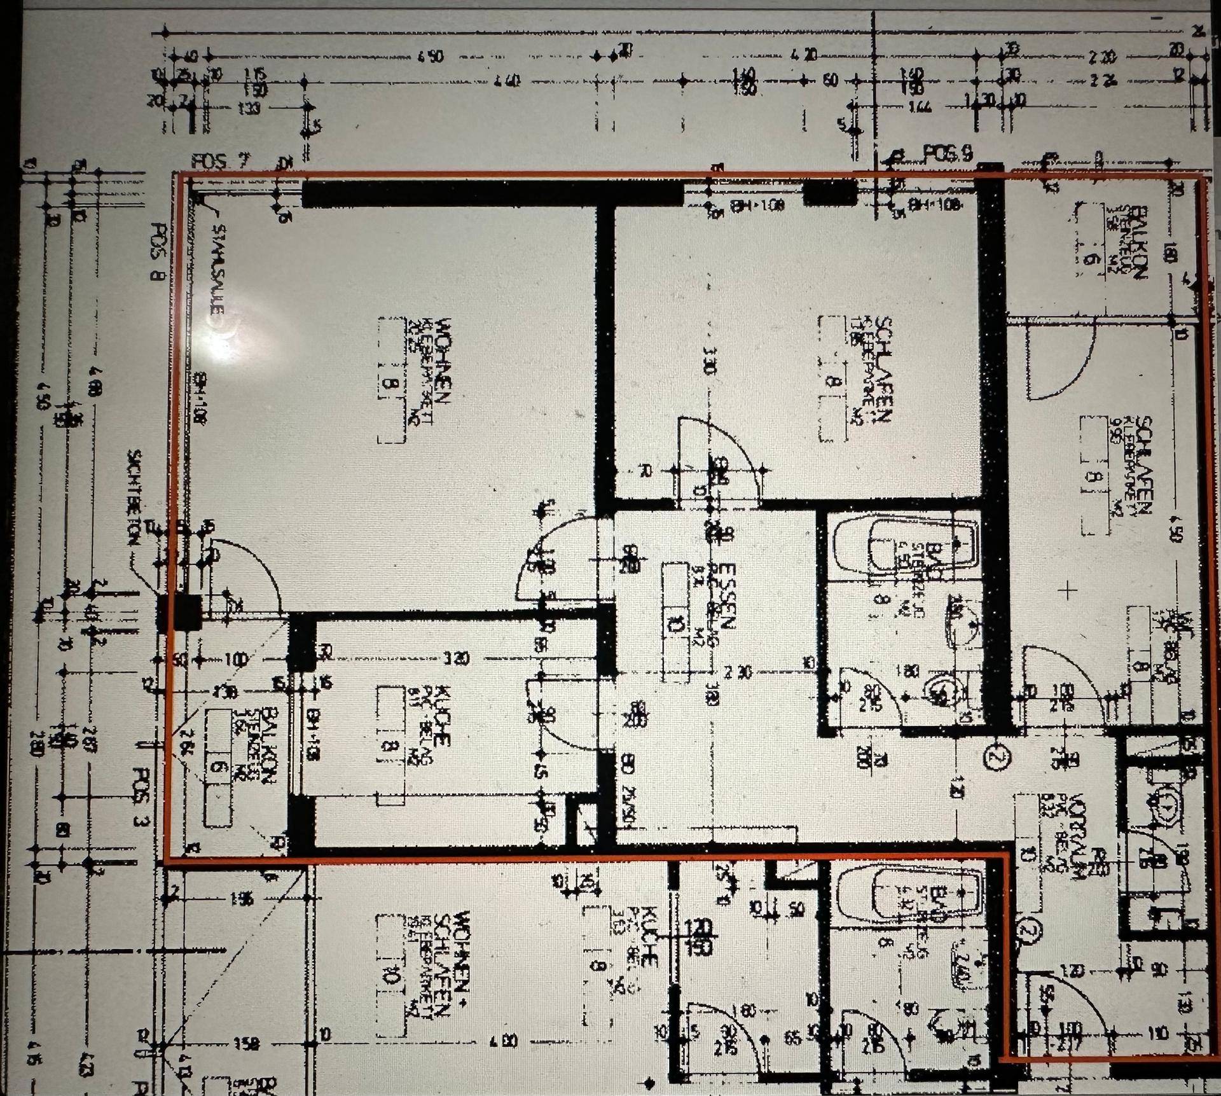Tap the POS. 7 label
218,162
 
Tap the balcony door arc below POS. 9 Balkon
1056,363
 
